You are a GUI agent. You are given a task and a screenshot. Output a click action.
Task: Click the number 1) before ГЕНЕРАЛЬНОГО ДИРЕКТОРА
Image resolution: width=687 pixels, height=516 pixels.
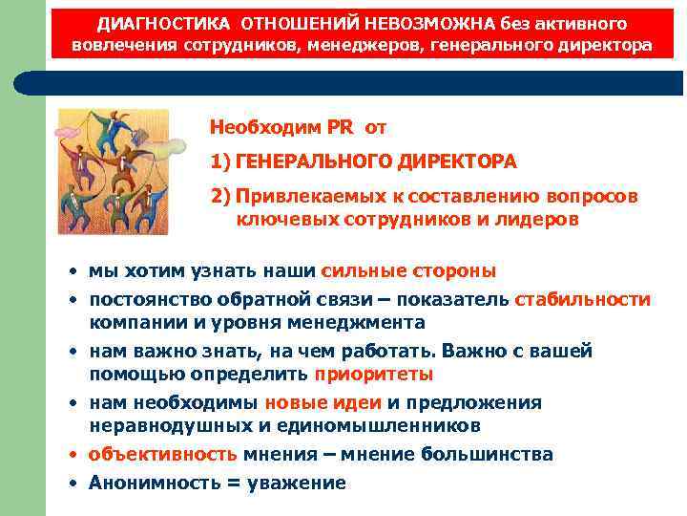(x=220, y=161)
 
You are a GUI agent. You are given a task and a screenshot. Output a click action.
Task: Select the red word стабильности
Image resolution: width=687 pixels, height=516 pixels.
(x=582, y=299)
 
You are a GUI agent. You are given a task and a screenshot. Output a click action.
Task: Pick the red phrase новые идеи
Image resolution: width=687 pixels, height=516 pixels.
(x=323, y=402)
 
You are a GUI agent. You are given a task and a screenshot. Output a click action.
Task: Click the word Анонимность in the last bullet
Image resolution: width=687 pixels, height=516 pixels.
(x=151, y=483)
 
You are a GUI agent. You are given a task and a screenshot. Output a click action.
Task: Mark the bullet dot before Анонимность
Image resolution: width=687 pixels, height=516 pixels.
(x=73, y=483)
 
